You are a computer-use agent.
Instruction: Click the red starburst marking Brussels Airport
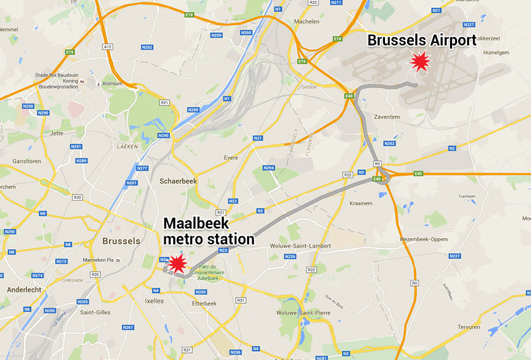(420, 62)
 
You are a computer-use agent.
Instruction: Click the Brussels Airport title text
(422, 41)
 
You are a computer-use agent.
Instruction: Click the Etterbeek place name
(204, 303)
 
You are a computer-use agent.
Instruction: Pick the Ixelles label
(154, 301)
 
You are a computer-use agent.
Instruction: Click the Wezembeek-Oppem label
(424, 240)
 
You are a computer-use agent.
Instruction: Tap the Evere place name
(231, 158)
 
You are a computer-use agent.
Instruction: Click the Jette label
(57, 133)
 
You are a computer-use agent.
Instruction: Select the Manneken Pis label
(92, 260)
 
